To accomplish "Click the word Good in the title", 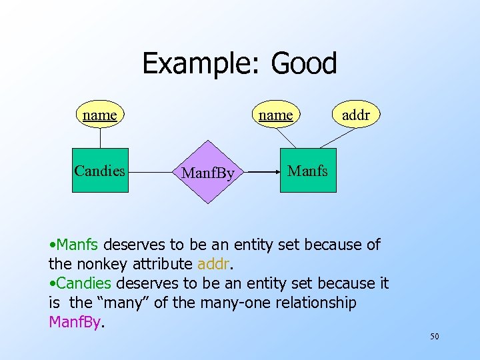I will (x=304, y=64).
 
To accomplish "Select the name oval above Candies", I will (x=100, y=115).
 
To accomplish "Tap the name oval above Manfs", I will (x=276, y=115).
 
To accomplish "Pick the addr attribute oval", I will (x=355, y=115).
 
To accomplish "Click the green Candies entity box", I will (x=100, y=171).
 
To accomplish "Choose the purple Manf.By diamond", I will (x=208, y=172).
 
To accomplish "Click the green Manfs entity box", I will (x=307, y=171).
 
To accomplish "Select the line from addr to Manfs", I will (x=339, y=138).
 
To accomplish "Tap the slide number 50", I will (x=434, y=337).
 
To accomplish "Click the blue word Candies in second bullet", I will (x=84, y=283).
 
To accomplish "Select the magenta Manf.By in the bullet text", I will (x=75, y=323).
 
